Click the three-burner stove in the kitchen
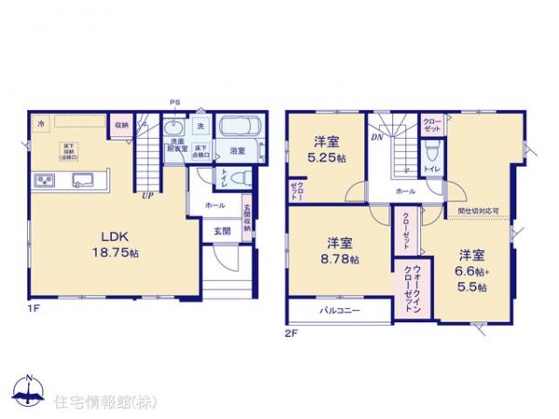(x=44, y=179)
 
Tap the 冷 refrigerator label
(x=40, y=123)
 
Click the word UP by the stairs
(x=148, y=196)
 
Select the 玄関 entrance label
(x=222, y=230)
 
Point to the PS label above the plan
(x=173, y=102)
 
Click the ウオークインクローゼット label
(x=415, y=279)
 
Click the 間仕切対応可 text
(x=478, y=211)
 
